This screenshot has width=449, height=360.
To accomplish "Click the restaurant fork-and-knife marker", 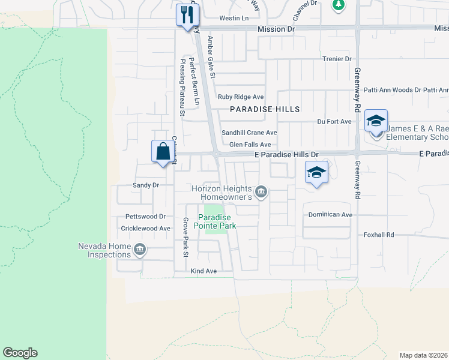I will pos(187,15).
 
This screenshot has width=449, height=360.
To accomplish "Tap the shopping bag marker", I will pos(163,151).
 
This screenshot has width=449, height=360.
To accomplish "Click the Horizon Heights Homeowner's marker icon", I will pos(261,192).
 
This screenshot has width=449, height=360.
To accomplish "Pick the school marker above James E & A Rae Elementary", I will pos(376,121).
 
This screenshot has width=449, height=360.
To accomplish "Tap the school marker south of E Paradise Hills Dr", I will pos(316,173).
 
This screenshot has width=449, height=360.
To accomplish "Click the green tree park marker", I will pos(339,5).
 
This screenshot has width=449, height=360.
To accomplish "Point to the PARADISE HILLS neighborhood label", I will pos(265,109).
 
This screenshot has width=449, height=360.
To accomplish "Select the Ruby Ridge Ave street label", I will pos(241,97).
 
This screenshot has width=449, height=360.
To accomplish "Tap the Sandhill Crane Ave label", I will pos(249,133).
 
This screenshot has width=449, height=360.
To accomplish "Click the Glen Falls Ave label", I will pos(250,145).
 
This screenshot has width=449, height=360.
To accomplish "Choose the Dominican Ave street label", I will pos(330,214).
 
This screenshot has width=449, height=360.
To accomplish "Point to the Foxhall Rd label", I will pos(378,235).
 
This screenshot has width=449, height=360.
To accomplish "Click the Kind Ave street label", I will pos(203,271).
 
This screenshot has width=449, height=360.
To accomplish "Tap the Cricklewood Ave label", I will pos(146,229).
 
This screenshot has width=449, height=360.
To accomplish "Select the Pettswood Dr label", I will pos(145,216).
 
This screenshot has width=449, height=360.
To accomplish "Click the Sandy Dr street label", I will pos(146,185).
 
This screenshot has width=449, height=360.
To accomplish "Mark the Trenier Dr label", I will pos(336,59).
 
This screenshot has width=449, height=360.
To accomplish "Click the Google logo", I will pos(20,353).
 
